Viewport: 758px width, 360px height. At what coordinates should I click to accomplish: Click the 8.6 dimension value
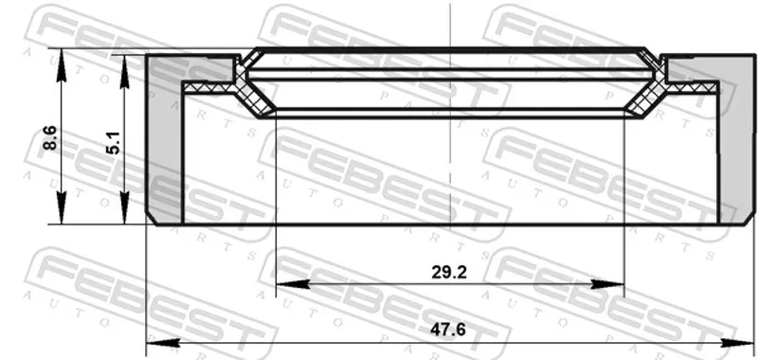click(x=51, y=137)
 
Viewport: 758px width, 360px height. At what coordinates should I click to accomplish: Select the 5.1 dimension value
click(x=114, y=143)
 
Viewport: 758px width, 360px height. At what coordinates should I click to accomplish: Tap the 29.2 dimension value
click(x=449, y=273)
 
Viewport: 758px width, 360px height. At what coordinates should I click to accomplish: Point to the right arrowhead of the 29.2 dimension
click(x=607, y=284)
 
